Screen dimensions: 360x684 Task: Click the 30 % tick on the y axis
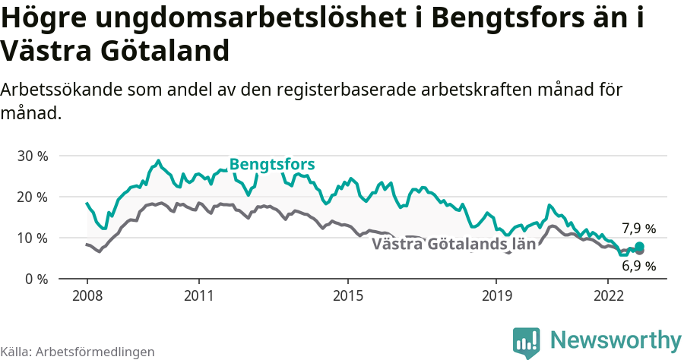coord(31,156)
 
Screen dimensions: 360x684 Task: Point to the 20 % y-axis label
coord(31,197)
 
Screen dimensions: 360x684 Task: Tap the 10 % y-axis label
coord(31,238)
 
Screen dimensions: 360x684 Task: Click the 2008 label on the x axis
coord(87,294)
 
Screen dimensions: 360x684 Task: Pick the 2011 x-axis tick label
coord(198,294)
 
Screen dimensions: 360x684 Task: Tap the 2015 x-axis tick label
coord(347,294)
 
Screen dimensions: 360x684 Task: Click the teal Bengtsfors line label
coord(272,165)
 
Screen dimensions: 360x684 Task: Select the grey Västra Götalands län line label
coord(454,245)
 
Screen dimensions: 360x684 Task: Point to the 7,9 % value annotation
coord(638,229)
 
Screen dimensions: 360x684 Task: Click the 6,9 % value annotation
coord(638,266)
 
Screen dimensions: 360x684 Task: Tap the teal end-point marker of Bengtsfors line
coord(639,246)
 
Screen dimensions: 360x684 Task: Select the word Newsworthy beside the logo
coord(616,339)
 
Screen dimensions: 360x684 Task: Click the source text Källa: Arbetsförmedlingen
coord(78,352)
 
